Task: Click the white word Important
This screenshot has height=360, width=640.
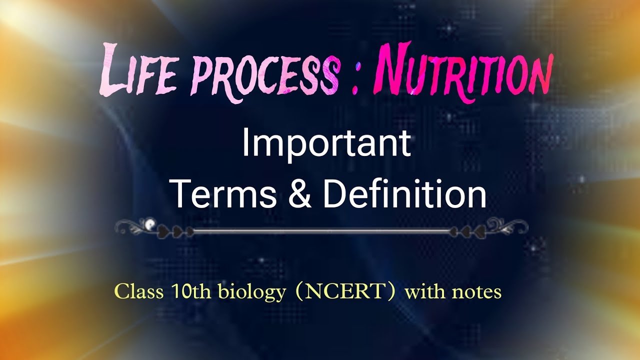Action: click(x=326, y=144)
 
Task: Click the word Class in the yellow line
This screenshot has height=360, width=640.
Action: click(x=139, y=291)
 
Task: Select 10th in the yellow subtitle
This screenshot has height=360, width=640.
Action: click(x=184, y=291)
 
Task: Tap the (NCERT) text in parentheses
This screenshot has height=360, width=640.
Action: click(x=345, y=291)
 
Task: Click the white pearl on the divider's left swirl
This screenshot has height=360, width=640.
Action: click(x=148, y=223)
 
